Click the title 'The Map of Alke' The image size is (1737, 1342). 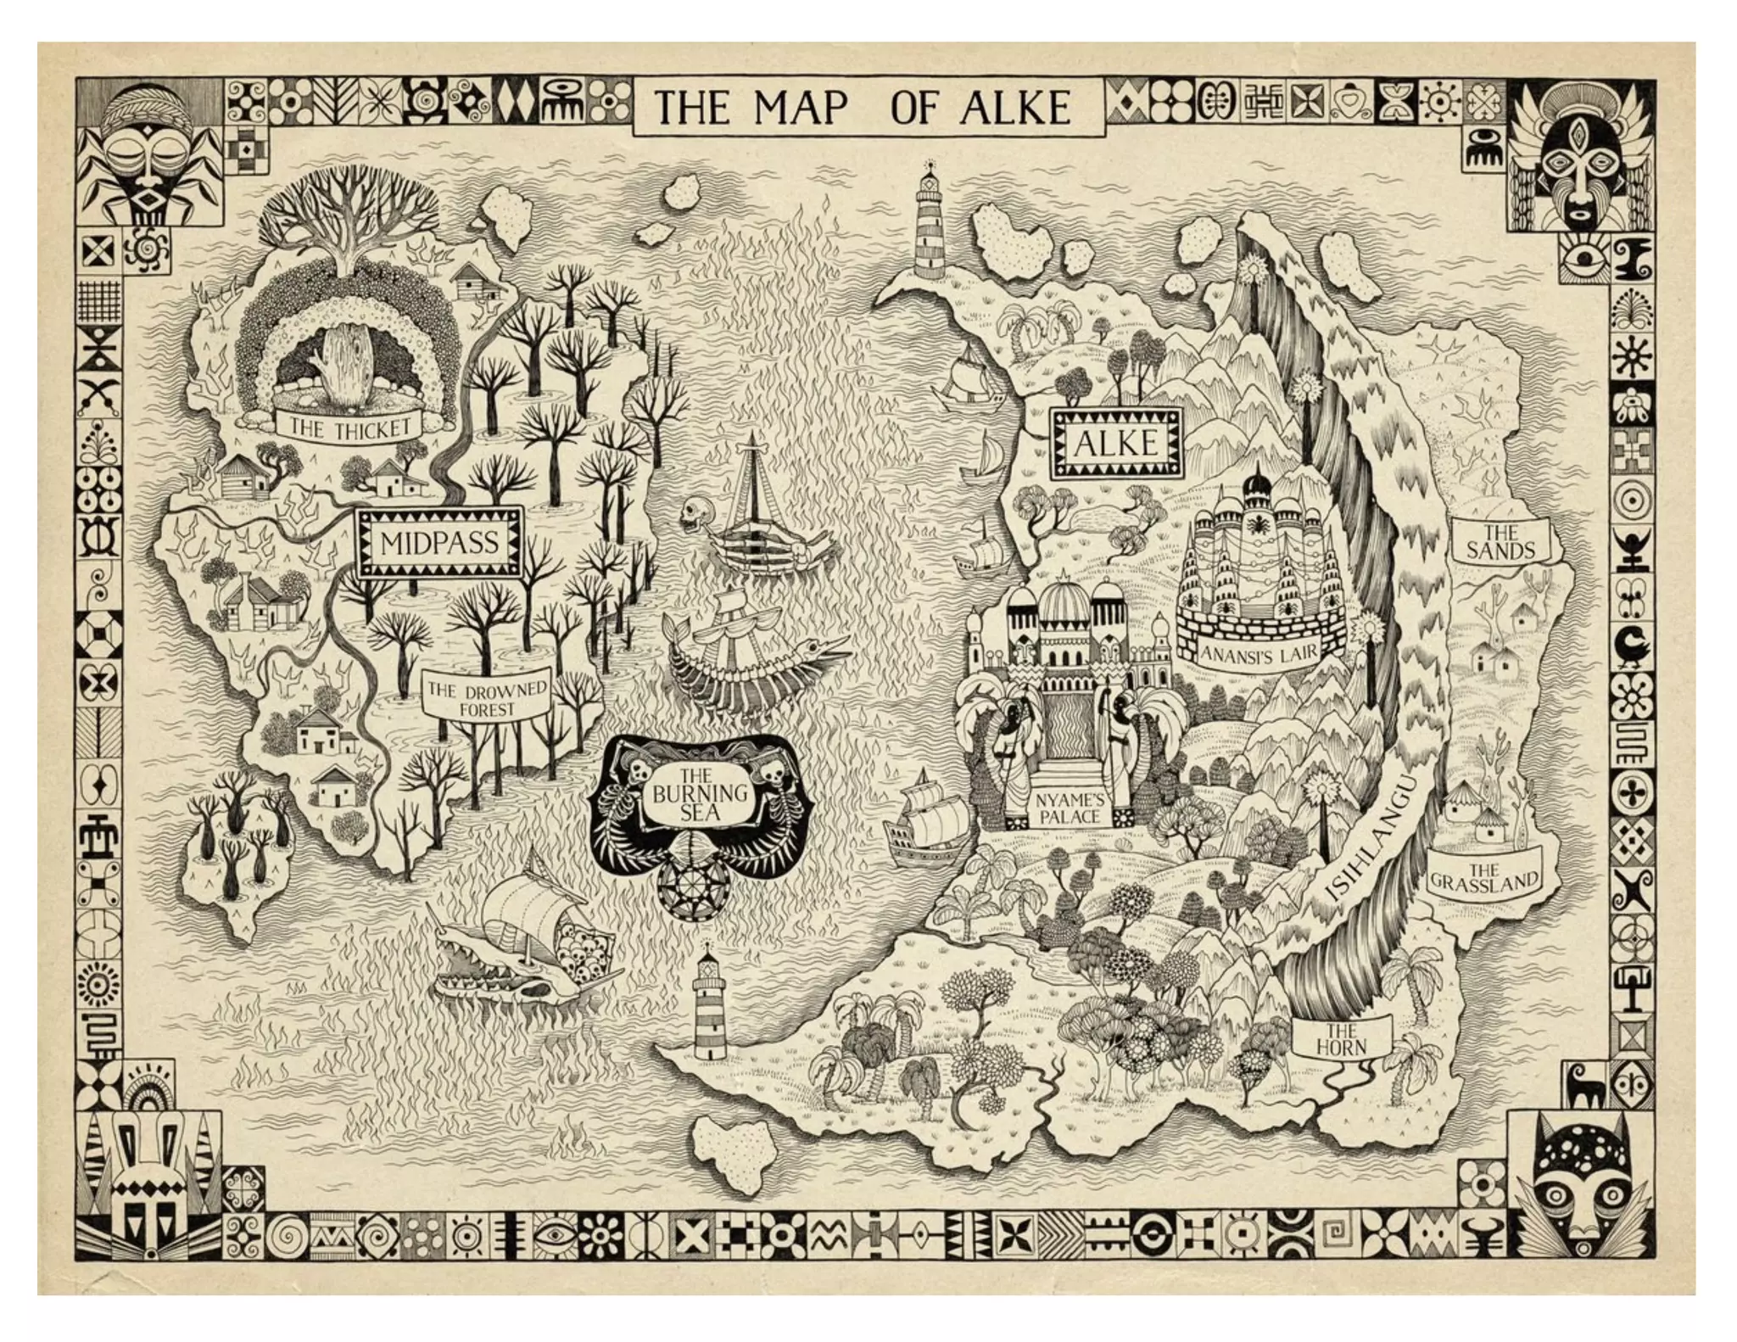(x=865, y=108)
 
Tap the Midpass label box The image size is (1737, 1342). (x=438, y=543)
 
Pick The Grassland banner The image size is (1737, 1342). (x=1483, y=877)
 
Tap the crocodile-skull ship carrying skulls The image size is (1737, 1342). (x=526, y=942)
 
